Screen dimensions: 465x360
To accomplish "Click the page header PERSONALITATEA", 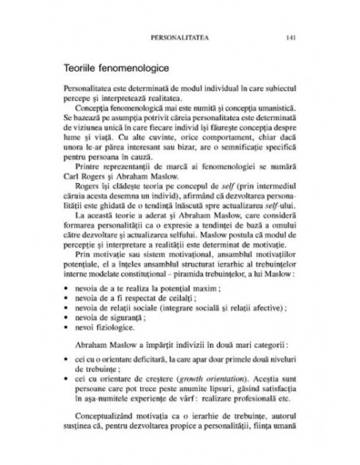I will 186,37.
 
